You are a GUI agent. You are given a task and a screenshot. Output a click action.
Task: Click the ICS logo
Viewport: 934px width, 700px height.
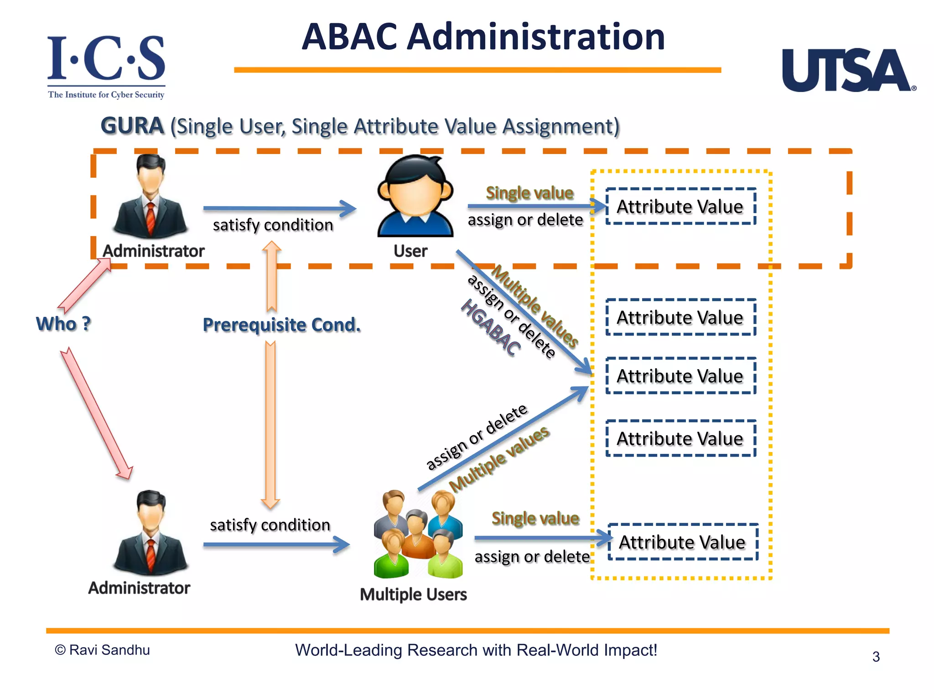[106, 66]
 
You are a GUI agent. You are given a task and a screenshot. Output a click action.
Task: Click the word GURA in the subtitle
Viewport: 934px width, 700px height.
[132, 126]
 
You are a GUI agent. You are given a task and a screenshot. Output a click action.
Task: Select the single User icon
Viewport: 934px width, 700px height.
[415, 196]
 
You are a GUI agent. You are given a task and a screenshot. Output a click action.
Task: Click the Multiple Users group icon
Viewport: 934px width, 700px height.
[418, 535]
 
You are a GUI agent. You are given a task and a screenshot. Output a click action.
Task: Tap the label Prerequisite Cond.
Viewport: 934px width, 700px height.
[281, 325]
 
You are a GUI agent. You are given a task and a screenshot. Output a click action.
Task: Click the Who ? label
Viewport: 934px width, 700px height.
[63, 324]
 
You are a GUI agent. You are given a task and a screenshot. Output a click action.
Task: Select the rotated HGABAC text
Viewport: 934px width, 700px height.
[491, 327]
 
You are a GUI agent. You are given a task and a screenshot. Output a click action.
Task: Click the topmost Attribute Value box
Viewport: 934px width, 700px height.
[680, 206]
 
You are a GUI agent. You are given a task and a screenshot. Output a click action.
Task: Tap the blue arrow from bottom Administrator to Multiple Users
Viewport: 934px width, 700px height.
[276, 545]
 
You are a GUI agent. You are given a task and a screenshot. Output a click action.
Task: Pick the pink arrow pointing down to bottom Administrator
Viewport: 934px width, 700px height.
[96, 412]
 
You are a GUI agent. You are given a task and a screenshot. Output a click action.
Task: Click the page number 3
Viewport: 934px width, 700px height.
[876, 657]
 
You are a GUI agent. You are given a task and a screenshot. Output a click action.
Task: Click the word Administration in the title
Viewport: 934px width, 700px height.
[536, 37]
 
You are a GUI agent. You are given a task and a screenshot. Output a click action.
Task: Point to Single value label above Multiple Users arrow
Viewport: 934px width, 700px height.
[535, 518]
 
